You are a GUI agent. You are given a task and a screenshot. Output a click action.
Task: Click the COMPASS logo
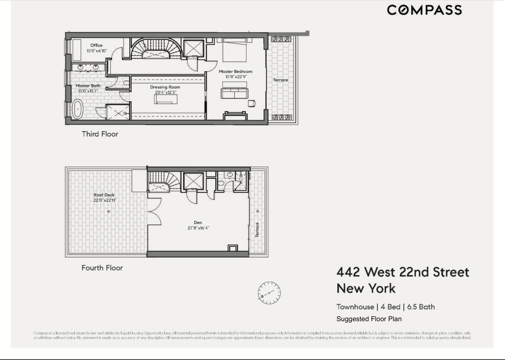(424, 10)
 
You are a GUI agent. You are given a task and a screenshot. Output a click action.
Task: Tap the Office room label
(96, 45)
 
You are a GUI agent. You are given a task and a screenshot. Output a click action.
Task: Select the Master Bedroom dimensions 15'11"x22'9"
(236, 77)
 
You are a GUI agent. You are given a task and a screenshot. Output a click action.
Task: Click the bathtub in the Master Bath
(77, 109)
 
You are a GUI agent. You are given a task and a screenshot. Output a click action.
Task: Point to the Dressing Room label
(165, 87)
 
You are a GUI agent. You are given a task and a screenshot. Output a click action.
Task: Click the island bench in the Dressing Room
(166, 99)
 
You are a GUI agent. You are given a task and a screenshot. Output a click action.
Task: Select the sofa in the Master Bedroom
(234, 93)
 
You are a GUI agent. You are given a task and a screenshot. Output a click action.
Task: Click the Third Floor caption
(100, 134)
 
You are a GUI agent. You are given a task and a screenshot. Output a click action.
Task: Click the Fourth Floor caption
(102, 268)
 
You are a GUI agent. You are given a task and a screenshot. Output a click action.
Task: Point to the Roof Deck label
(104, 195)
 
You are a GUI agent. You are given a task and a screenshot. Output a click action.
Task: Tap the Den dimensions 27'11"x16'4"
(198, 228)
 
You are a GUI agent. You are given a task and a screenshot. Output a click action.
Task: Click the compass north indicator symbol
(269, 293)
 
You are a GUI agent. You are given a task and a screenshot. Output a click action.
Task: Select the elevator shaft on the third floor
(194, 48)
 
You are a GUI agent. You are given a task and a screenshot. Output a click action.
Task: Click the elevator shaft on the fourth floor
(193, 181)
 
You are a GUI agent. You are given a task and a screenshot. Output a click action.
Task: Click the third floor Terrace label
(280, 80)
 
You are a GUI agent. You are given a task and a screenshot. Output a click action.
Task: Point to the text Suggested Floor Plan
(369, 319)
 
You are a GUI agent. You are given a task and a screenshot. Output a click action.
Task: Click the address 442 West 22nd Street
(403, 272)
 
